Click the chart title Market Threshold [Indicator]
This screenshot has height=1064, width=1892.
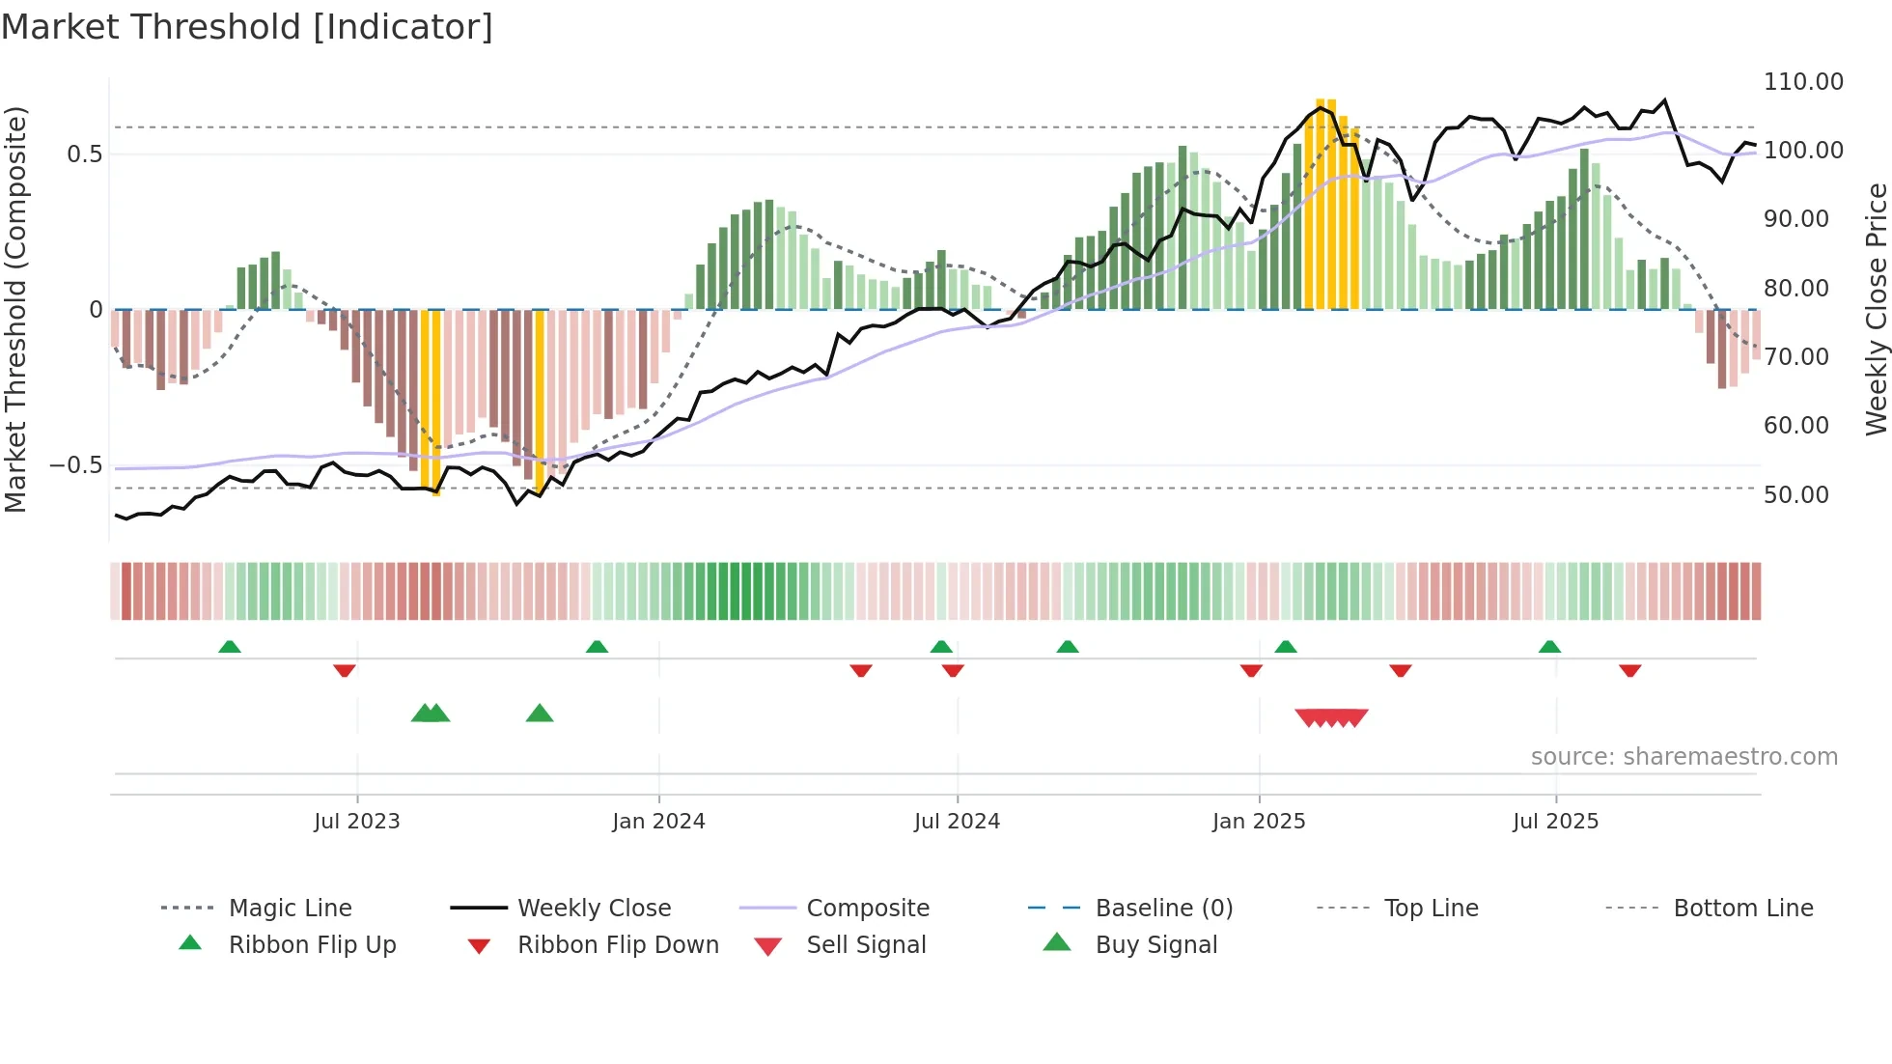coord(247,27)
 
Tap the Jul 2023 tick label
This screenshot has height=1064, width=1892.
coord(356,822)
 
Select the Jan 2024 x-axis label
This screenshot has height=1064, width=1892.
coord(658,822)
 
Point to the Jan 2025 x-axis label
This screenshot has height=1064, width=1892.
coord(1259,822)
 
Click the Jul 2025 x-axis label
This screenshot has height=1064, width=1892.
coord(1555,822)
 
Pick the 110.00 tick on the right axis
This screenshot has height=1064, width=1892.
coord(1802,82)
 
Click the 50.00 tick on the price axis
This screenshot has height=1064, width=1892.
coord(1795,495)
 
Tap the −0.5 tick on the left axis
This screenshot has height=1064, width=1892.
coord(75,465)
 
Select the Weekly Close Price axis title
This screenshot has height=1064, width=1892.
coord(1876,309)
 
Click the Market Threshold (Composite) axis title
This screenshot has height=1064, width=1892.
coord(15,309)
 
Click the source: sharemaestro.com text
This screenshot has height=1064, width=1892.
coord(1683,757)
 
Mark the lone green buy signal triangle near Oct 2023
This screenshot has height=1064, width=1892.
coord(540,714)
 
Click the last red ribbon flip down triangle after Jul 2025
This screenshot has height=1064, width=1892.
coord(1630,671)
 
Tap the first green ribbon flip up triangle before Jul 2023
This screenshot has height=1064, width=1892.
coord(230,647)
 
